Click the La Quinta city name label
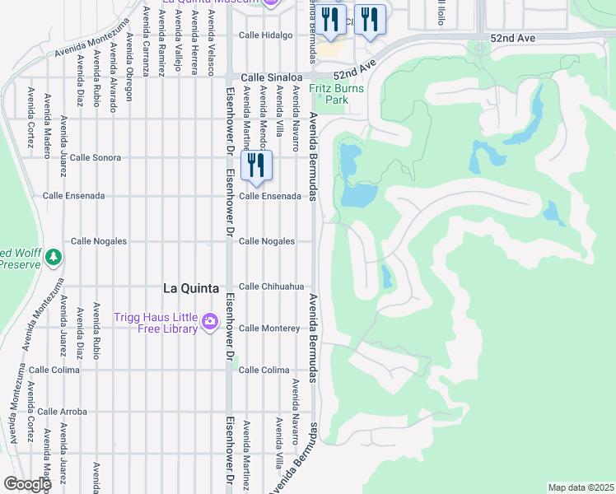[191, 288]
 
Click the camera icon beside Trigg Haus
[210, 320]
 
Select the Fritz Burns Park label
[329, 94]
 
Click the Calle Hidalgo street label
[266, 35]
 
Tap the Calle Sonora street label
[95, 157]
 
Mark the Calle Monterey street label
[269, 329]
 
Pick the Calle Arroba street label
[62, 411]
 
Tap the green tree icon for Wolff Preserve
[54, 257]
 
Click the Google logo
[26, 484]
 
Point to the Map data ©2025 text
[581, 487]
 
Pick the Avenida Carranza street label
[146, 41]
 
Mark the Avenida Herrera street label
[194, 45]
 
